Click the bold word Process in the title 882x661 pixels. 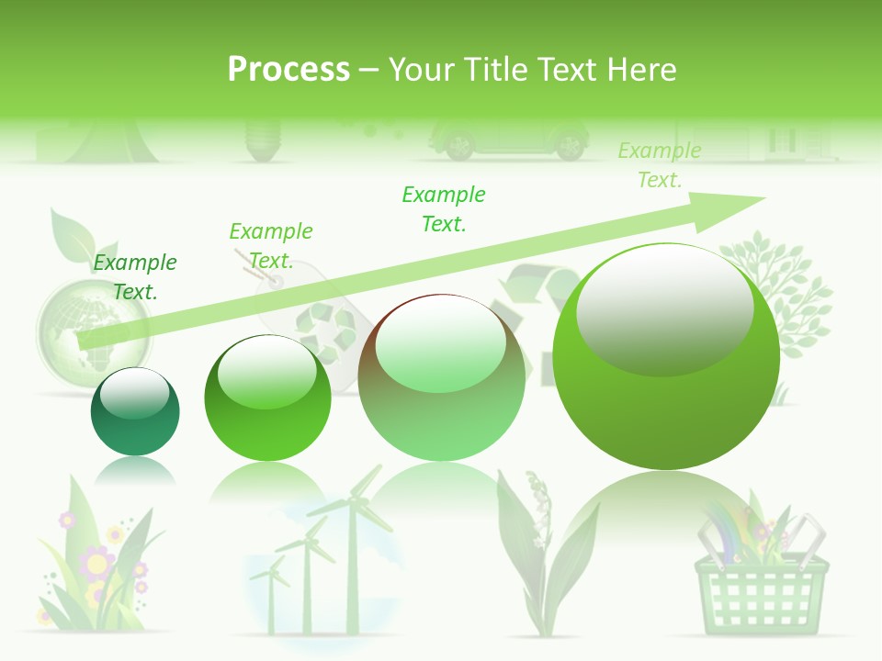[288, 70]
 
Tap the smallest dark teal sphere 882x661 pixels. [135, 412]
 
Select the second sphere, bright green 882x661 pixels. [267, 398]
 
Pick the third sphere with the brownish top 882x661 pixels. [441, 377]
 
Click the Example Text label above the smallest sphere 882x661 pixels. [135, 277]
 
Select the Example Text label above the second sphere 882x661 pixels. [270, 246]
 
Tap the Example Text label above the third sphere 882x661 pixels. [444, 208]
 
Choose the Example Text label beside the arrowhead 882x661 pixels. [660, 165]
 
